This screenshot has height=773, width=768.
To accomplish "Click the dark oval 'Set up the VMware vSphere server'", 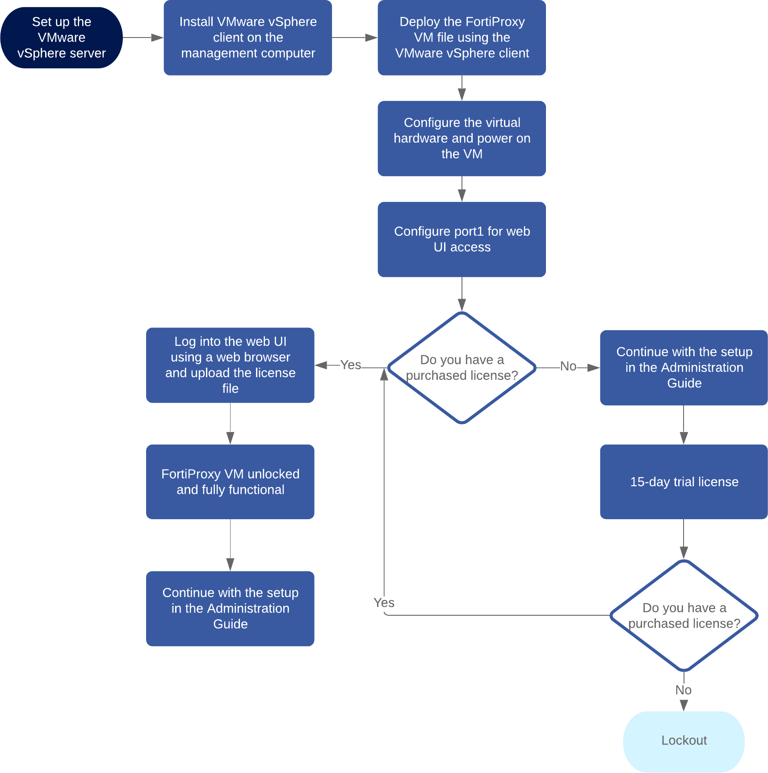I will point(61,38).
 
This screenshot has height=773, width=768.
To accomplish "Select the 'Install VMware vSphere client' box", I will point(248,38).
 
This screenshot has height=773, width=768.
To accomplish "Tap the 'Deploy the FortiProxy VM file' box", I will point(462,38).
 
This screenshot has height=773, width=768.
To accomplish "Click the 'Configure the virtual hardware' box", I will point(462,138).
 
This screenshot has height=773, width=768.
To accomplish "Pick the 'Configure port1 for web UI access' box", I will point(462,239).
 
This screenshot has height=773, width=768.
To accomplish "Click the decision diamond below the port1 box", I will point(462,367).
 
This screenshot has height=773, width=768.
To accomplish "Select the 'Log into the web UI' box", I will point(230,365).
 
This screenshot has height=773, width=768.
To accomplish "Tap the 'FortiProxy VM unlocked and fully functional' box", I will point(230,482).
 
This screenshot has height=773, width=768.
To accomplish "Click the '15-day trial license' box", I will point(684,482).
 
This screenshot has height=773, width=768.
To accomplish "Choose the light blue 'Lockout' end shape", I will point(684,740).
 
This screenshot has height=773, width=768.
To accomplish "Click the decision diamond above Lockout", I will point(684,615).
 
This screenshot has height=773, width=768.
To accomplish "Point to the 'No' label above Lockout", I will point(683,690).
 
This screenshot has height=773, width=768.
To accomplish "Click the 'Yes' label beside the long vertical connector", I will point(384,603).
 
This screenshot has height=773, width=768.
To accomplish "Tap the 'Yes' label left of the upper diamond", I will point(350,365).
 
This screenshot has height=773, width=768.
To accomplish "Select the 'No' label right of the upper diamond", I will point(568,366).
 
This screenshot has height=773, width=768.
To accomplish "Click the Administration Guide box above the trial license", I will point(684,367).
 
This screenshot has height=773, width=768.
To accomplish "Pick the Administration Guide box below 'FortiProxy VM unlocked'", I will point(230,608).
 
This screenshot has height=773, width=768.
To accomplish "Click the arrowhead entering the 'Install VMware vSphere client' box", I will point(157,38).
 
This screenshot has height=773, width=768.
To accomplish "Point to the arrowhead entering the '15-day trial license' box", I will point(684,437).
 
